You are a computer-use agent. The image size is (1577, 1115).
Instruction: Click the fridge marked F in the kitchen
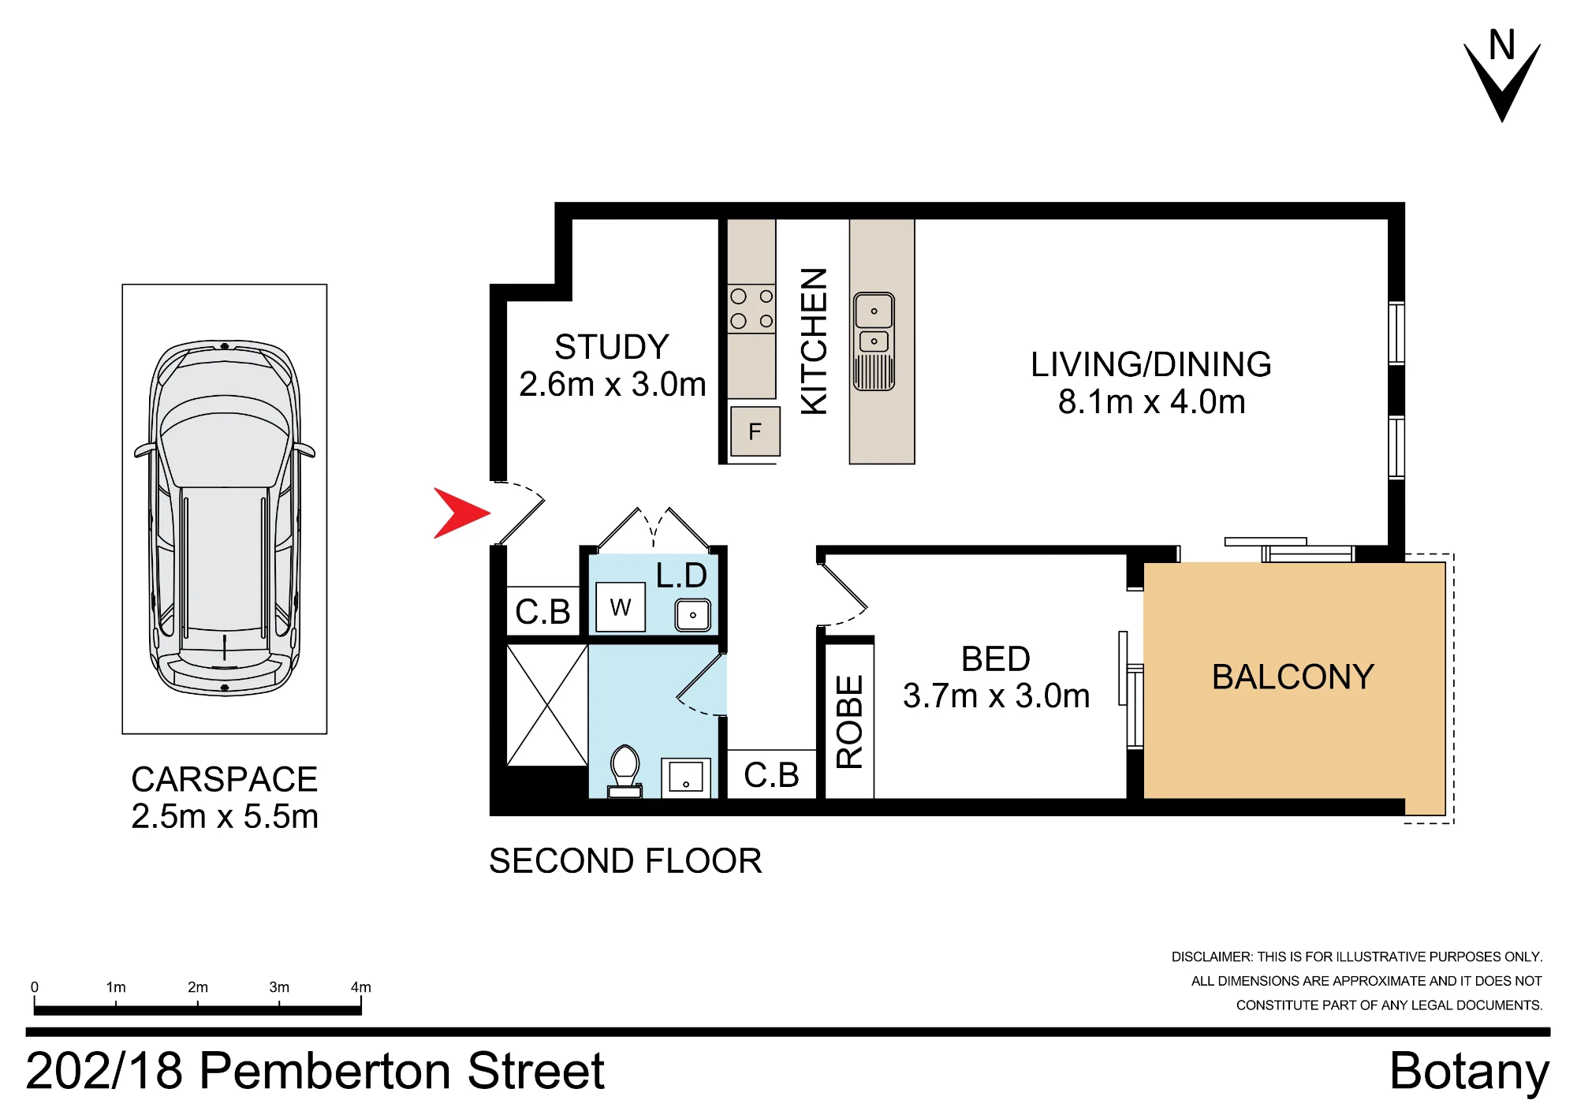click(755, 431)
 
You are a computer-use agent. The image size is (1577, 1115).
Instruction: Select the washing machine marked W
click(621, 607)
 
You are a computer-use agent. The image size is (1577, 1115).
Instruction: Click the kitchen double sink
click(874, 341)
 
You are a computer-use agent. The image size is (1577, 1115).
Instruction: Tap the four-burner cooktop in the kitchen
click(751, 309)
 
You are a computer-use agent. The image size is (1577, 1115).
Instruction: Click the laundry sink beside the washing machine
click(693, 615)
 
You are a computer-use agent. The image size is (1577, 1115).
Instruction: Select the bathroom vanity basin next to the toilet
click(686, 778)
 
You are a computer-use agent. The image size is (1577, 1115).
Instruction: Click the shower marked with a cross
click(547, 705)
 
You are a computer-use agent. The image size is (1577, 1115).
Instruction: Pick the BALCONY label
click(1293, 677)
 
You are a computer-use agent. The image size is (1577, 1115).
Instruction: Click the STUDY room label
click(612, 347)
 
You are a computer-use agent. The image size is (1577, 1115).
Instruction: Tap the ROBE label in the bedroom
click(849, 722)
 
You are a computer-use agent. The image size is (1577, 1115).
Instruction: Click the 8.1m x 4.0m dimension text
click(1151, 402)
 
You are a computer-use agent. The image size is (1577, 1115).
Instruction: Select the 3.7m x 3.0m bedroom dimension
click(996, 695)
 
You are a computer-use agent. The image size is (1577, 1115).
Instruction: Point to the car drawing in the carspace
click(225, 518)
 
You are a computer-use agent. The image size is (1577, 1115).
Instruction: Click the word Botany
click(1470, 1072)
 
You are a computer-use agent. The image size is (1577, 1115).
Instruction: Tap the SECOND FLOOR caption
click(625, 861)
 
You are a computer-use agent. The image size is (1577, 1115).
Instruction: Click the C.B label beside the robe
click(771, 775)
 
